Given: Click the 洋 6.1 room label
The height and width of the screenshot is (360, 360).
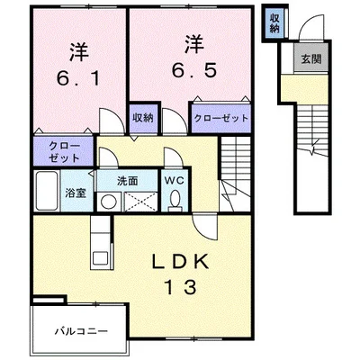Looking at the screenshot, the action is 79,65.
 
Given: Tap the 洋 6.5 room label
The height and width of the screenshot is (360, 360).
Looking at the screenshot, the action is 194,57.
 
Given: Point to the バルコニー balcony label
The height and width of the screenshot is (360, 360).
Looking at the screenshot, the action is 81,331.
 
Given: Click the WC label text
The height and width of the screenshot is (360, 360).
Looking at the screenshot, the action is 174,181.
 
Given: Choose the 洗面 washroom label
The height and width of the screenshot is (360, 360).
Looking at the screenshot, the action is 127,181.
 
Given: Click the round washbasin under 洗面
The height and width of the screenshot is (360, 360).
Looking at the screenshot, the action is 109,202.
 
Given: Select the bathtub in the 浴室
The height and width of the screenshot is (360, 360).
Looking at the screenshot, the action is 47,191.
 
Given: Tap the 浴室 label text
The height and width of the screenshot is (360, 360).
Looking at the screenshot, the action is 76,193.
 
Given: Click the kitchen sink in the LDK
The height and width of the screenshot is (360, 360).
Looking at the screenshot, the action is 100,258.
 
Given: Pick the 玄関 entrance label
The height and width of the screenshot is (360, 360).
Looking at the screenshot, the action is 311,59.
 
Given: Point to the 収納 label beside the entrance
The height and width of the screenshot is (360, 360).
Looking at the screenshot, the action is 274,23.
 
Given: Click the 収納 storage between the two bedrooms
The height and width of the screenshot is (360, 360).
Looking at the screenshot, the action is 143,118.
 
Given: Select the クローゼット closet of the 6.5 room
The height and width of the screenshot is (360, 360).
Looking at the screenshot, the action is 221,118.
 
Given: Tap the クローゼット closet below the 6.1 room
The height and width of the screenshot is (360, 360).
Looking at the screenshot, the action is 64,151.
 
